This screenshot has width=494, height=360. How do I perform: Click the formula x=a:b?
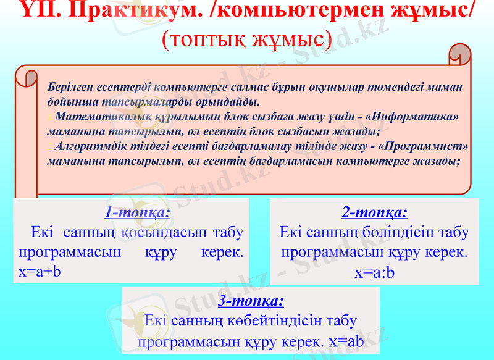click(374, 272)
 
